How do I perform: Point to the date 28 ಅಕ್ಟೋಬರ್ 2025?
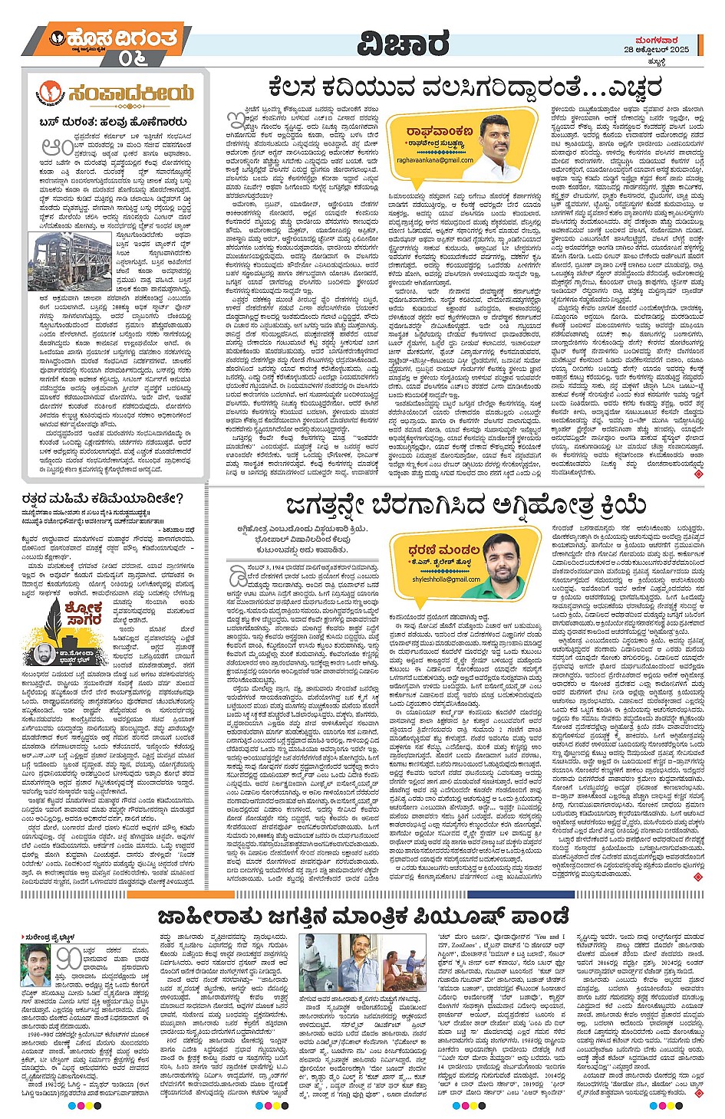656,49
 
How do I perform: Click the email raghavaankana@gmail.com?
435,159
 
